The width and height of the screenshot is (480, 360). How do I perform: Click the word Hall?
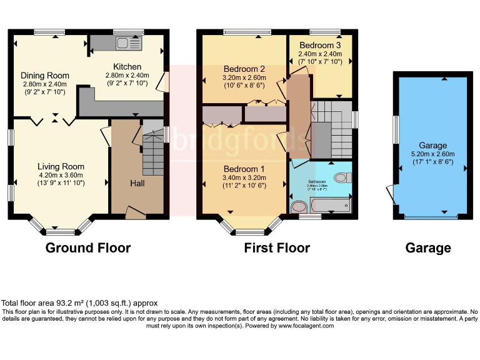(137, 183)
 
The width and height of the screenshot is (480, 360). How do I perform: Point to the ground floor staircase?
(153, 153)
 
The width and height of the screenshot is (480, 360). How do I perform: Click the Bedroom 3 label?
(320, 46)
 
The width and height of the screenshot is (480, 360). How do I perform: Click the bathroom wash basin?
(299, 206)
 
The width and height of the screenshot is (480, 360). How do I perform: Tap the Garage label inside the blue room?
(429, 145)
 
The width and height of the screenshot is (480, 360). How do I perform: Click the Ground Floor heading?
(88, 248)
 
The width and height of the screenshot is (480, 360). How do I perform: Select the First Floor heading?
(277, 248)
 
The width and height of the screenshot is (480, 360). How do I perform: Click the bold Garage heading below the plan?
(428, 248)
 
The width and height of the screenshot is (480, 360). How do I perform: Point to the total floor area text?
(80, 303)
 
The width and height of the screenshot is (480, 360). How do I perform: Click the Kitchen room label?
(127, 67)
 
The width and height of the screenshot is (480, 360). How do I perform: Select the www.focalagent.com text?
(306, 326)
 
